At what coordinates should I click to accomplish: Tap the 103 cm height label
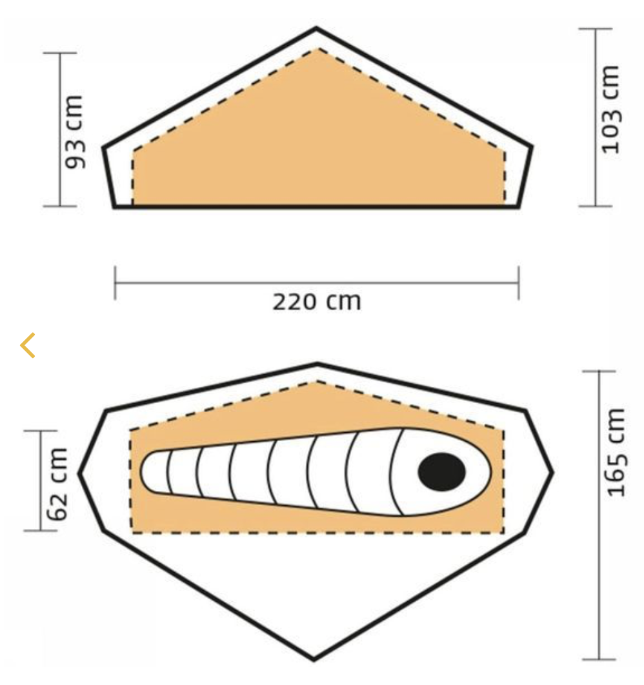611,109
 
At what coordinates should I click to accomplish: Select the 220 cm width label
317,302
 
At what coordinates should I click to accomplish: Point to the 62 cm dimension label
57,484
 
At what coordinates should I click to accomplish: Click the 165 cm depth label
616,452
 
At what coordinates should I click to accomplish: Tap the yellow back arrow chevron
28,345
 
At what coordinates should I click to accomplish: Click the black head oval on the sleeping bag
442,472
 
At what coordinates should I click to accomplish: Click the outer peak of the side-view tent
316,29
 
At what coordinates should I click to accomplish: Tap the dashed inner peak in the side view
319,49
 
